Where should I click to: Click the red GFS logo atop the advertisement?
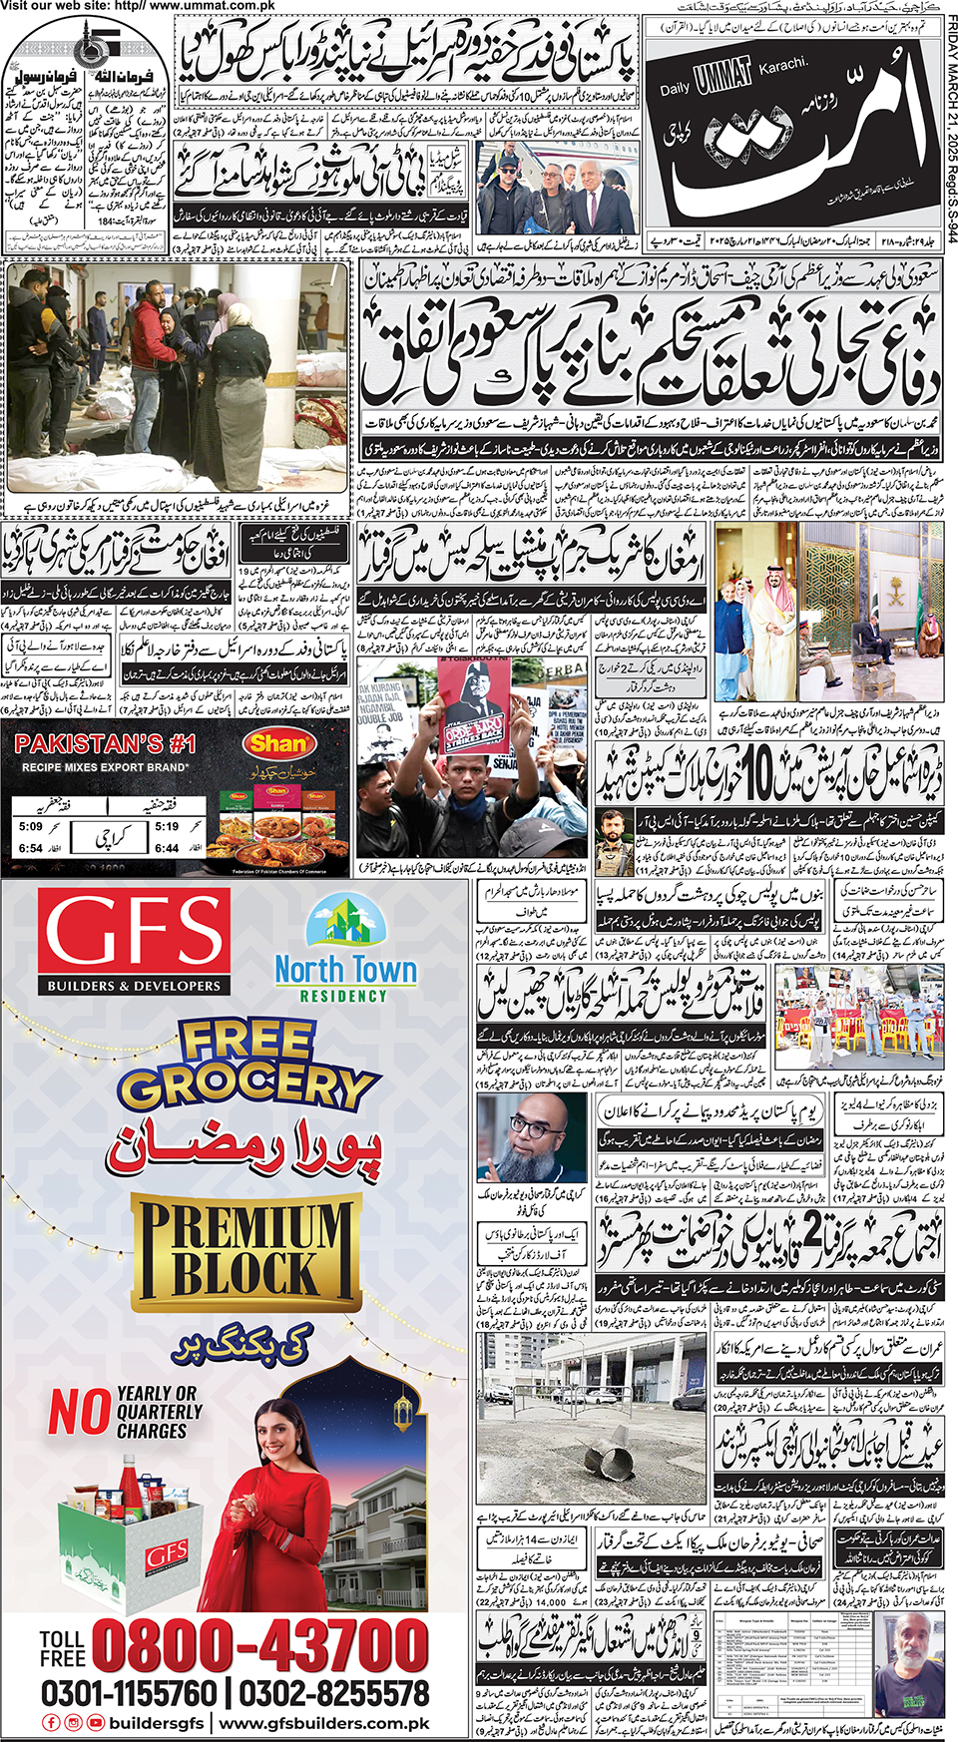click(x=136, y=942)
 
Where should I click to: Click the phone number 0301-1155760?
click(x=129, y=1693)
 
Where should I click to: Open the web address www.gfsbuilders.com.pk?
click(x=324, y=1723)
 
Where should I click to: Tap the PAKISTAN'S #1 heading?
click(x=106, y=744)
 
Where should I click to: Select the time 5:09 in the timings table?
click(x=30, y=827)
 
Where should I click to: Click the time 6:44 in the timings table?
click(x=167, y=848)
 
